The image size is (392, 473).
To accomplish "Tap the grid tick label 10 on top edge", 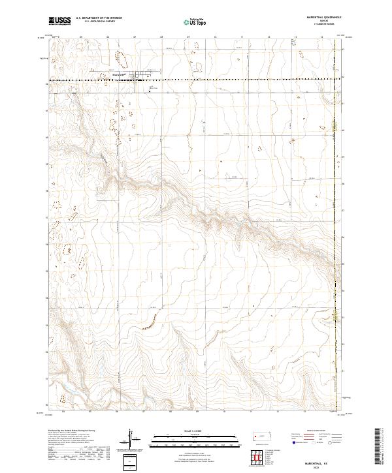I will [215, 38].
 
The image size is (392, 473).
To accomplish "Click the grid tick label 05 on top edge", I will [80, 38].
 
